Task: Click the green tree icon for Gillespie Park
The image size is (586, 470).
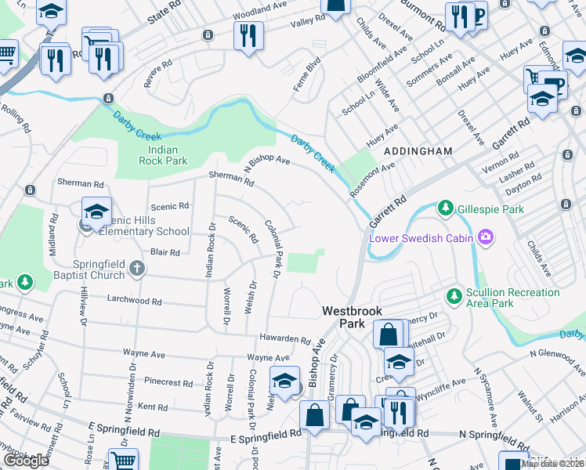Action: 445,208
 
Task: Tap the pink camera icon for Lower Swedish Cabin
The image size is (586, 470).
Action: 487,236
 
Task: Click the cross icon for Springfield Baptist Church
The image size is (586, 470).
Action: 137,269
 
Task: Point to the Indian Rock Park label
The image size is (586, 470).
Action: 150,155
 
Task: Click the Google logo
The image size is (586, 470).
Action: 26,461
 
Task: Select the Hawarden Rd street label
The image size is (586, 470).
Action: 285,339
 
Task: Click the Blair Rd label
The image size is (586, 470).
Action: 165,252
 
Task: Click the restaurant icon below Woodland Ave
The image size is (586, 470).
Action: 248,34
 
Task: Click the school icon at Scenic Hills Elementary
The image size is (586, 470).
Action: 96,212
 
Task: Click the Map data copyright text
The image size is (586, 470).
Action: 552,464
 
